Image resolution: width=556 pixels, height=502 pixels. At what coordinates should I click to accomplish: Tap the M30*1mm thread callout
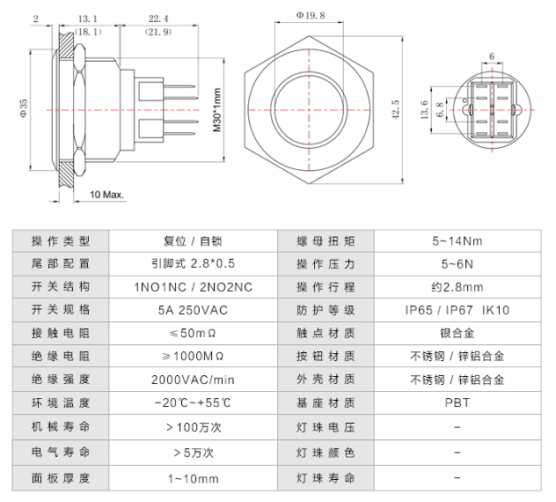tap(216, 109)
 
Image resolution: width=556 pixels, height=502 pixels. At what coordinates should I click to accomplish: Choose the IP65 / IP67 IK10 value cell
tap(457, 310)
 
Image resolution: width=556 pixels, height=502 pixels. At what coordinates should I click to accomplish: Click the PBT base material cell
tap(457, 405)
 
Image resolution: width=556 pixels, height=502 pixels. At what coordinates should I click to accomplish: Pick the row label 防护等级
tap(326, 310)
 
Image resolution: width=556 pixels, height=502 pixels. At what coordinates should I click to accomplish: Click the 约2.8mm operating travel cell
tap(457, 287)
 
